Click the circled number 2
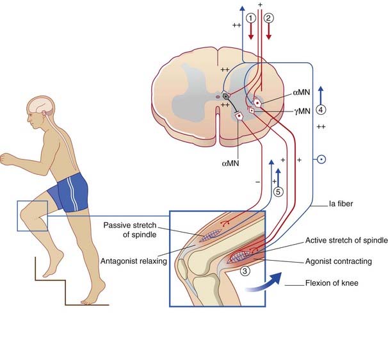tap(270, 19)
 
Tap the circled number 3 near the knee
tap(245, 271)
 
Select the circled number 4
tap(321, 109)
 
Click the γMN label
tap(303, 111)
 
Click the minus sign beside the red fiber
tap(257, 182)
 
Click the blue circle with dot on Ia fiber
tap(323, 158)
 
